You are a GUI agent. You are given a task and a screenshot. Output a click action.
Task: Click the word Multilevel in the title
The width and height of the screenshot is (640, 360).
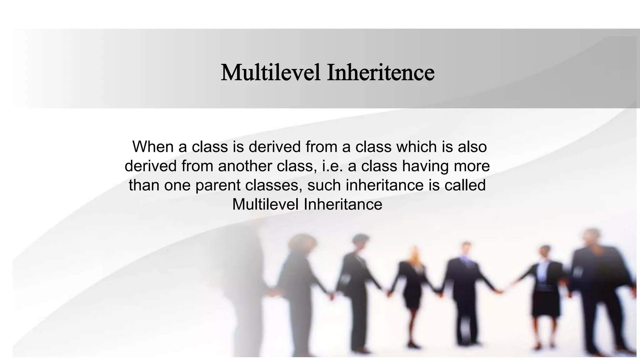270,72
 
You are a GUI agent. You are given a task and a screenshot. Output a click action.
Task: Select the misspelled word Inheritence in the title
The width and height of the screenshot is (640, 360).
381,72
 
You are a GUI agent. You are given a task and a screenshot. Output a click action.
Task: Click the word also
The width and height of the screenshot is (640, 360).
472,147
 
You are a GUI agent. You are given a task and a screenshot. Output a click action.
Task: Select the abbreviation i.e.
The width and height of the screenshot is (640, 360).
332,166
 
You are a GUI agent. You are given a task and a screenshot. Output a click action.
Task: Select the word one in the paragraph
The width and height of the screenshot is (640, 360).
177,185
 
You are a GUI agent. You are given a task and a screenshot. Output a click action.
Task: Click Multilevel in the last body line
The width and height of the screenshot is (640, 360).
265,204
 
